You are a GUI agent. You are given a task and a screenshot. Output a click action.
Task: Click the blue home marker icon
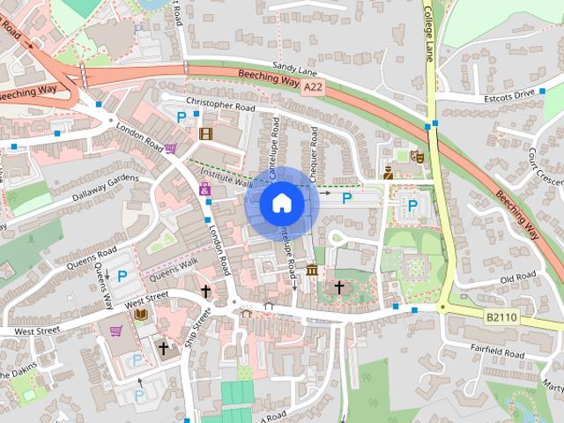(x=281, y=204)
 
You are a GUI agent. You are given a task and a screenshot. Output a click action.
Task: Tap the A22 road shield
(x=314, y=88)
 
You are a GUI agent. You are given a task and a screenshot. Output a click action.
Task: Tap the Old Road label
(x=517, y=278)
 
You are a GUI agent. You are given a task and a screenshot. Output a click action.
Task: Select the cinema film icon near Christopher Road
(x=205, y=134)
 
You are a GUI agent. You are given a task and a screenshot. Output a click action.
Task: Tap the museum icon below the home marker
(x=312, y=269)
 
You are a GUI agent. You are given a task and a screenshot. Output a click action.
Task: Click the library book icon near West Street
(x=140, y=314)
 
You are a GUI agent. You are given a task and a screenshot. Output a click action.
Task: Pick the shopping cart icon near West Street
(x=115, y=331)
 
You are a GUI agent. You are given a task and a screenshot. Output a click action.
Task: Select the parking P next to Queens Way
(x=122, y=276)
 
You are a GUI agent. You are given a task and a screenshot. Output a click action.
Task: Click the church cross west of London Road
(x=205, y=290)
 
